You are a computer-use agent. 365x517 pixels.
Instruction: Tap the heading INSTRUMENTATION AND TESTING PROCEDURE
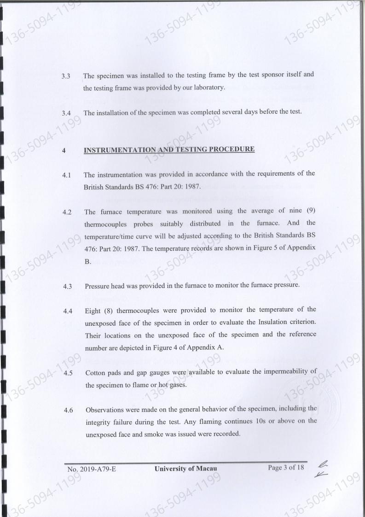tap(169, 149)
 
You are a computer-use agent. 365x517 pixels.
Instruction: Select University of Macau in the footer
tap(185, 469)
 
